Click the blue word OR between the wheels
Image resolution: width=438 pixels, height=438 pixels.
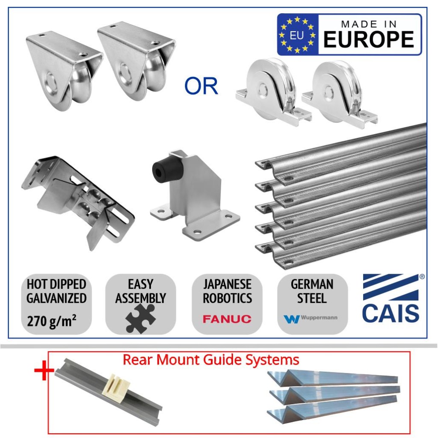[201, 86]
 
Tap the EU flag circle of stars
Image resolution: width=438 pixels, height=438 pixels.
[297, 35]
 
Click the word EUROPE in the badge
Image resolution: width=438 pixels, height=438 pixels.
[369, 39]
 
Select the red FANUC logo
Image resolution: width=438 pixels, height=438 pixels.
[227, 319]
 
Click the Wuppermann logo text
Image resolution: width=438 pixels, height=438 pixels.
[319, 318]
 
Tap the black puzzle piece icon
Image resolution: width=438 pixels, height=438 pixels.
[140, 318]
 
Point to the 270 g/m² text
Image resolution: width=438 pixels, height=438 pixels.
[52, 320]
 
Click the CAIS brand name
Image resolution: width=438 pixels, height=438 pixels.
[391, 313]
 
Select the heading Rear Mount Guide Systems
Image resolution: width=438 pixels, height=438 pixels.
[211, 359]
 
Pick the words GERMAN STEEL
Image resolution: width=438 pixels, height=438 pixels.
[312, 291]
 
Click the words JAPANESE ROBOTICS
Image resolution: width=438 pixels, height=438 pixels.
[227, 291]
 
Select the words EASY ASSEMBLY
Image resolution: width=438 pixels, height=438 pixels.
[140, 291]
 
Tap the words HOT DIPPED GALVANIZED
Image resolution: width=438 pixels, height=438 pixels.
[56, 291]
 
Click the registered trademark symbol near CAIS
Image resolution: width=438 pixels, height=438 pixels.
[422, 277]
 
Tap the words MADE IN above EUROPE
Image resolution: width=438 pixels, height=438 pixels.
[369, 24]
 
